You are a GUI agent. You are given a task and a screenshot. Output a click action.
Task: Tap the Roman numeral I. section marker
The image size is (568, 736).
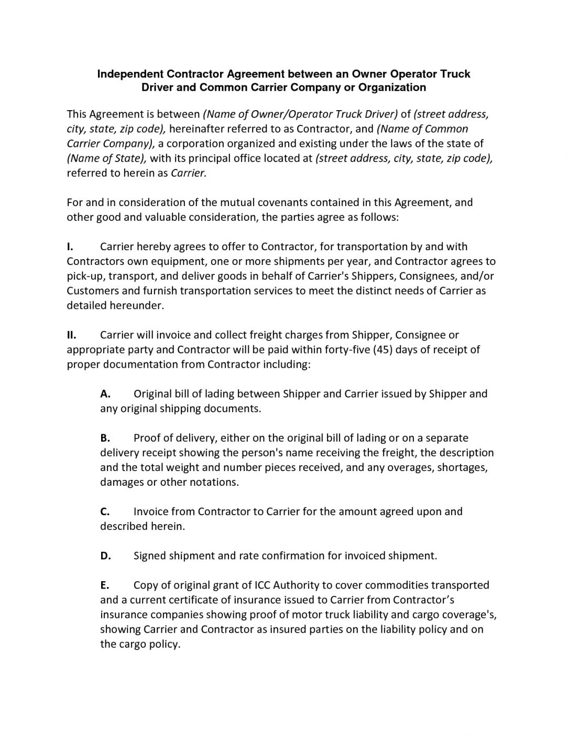point(70,247)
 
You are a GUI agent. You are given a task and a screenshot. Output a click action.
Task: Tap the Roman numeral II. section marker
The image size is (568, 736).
point(72,335)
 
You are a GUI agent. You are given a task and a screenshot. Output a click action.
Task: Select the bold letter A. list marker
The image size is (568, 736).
point(105,393)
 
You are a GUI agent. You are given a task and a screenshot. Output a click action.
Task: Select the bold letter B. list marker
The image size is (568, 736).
point(105,438)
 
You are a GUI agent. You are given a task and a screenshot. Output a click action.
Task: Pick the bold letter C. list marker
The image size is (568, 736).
point(105,511)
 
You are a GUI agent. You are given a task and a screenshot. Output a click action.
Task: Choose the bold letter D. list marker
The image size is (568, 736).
point(105,556)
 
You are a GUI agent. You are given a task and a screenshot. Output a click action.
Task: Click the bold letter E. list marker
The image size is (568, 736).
point(104,585)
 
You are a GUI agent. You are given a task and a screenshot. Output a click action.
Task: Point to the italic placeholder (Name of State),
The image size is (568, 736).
point(106,158)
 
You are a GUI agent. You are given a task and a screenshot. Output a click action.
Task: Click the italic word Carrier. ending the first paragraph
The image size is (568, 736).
point(189,173)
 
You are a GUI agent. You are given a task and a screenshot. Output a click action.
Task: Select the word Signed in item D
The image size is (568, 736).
point(149,556)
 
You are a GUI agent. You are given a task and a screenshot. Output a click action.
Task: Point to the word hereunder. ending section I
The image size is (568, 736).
point(137,305)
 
